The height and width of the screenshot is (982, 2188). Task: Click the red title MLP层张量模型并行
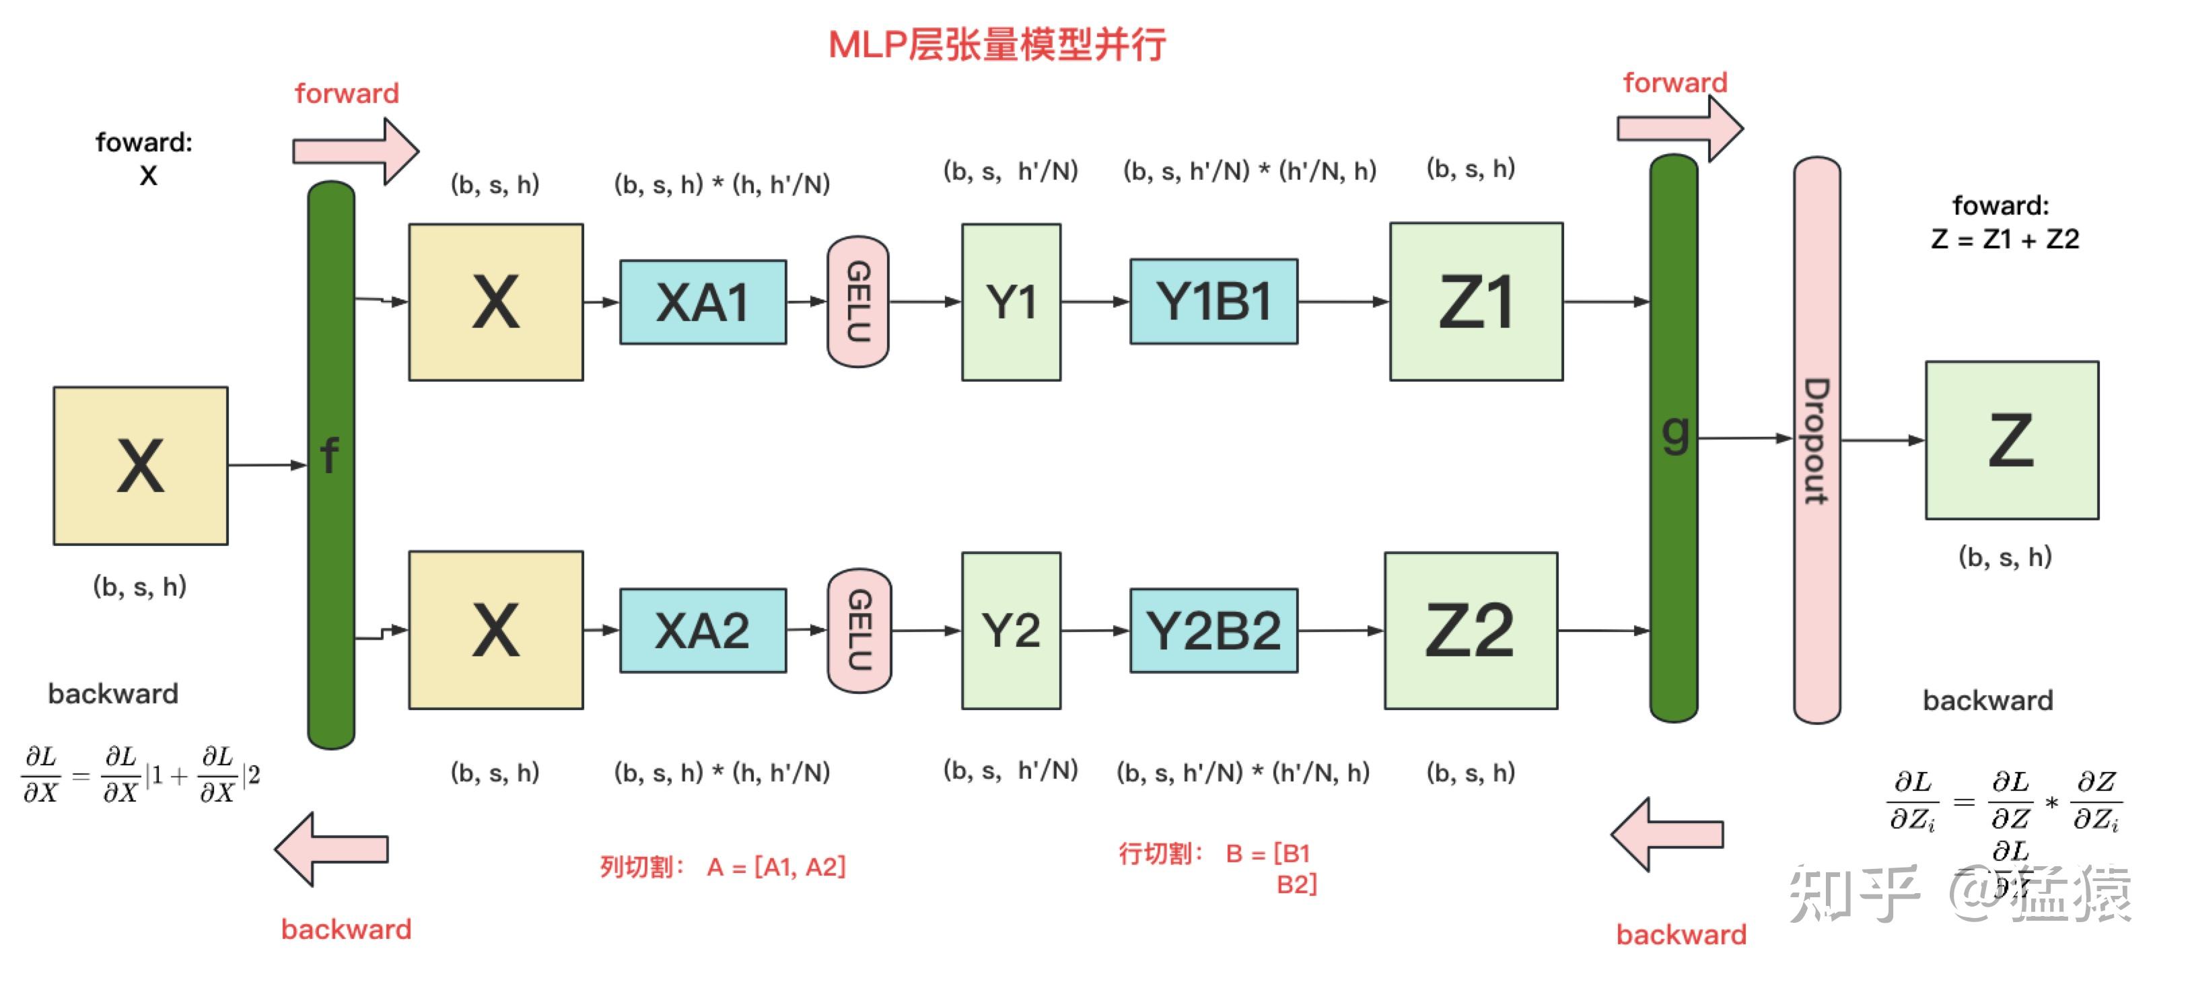[x=996, y=44]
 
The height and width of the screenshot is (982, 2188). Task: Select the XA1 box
[x=703, y=302]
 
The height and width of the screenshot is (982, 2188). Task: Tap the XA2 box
[x=703, y=630]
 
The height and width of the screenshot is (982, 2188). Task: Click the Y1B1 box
[x=1213, y=302]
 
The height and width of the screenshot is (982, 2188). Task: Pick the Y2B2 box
[x=1213, y=630]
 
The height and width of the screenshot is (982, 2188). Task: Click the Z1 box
[x=1475, y=302]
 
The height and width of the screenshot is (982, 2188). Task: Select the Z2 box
[x=1471, y=630]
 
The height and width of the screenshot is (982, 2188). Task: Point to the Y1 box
[x=1011, y=302]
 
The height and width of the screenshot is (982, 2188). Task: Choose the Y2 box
[x=1011, y=630]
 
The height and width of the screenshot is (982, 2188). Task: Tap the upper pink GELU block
[x=858, y=302]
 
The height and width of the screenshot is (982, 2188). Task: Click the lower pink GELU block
[x=859, y=630]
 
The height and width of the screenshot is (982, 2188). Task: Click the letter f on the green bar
[x=330, y=455]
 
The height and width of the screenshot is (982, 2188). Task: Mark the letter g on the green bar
[x=1674, y=433]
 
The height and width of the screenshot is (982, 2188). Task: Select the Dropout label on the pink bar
[x=1816, y=441]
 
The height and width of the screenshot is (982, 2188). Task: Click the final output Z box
[x=2011, y=440]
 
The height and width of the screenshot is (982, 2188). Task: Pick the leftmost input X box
[x=140, y=466]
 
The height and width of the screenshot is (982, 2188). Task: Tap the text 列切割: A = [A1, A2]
[x=723, y=866]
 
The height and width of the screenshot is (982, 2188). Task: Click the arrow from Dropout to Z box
[x=1881, y=440]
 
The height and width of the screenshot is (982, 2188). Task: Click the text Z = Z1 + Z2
[x=2004, y=240]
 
